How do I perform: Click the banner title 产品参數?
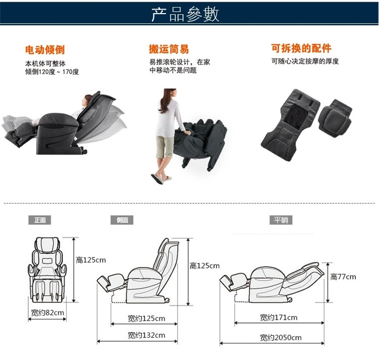pyautogui.click(x=185, y=15)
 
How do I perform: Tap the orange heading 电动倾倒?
pyautogui.click(x=45, y=49)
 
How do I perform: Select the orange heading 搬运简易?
pyautogui.click(x=169, y=49)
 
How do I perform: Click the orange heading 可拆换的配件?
pyautogui.click(x=301, y=48)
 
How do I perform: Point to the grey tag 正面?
pyautogui.click(x=40, y=220)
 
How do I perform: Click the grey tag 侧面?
pyautogui.click(x=122, y=220)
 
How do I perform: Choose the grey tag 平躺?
pyautogui.click(x=281, y=220)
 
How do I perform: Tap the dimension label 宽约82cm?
pyautogui.click(x=47, y=313)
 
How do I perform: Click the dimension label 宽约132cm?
pyautogui.click(x=146, y=335)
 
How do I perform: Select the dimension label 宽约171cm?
pyautogui.click(x=279, y=318)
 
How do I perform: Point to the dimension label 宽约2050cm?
pyautogui.click(x=281, y=337)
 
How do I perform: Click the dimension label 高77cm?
pyautogui.click(x=343, y=277)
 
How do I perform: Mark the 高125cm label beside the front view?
pyautogui.click(x=91, y=260)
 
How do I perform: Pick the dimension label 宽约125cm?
pyautogui.click(x=146, y=319)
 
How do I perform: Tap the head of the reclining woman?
pyautogui.click(x=87, y=100)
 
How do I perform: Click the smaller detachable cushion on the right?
pyautogui.click(x=335, y=118)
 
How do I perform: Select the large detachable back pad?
pyautogui.click(x=290, y=125)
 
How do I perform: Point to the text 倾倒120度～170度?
pyautogui.click(x=52, y=72)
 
